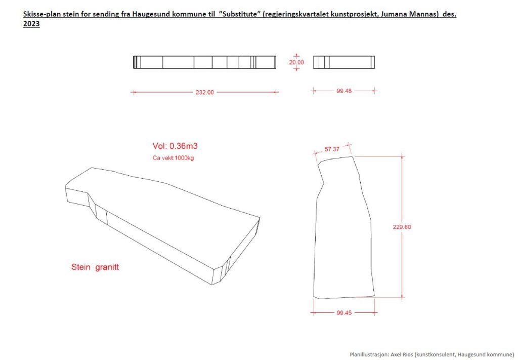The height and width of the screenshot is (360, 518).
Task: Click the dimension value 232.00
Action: click(204, 92)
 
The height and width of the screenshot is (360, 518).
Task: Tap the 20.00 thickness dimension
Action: click(296, 62)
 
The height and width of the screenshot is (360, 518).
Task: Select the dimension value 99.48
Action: click(344, 91)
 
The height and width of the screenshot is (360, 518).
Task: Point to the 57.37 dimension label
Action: click(332, 149)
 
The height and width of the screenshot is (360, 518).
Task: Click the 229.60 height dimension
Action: click(402, 227)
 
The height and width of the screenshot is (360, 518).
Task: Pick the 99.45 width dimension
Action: click(344, 312)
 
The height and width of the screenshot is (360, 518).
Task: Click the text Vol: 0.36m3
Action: click(175, 146)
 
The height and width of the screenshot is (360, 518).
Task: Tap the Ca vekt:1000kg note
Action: click(173, 158)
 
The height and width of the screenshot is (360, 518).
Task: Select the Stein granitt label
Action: click(95, 267)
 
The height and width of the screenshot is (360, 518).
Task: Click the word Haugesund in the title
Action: click(148, 15)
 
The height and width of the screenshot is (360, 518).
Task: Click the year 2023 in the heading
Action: click(31, 24)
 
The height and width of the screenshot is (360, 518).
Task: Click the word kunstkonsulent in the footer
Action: click(436, 355)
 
